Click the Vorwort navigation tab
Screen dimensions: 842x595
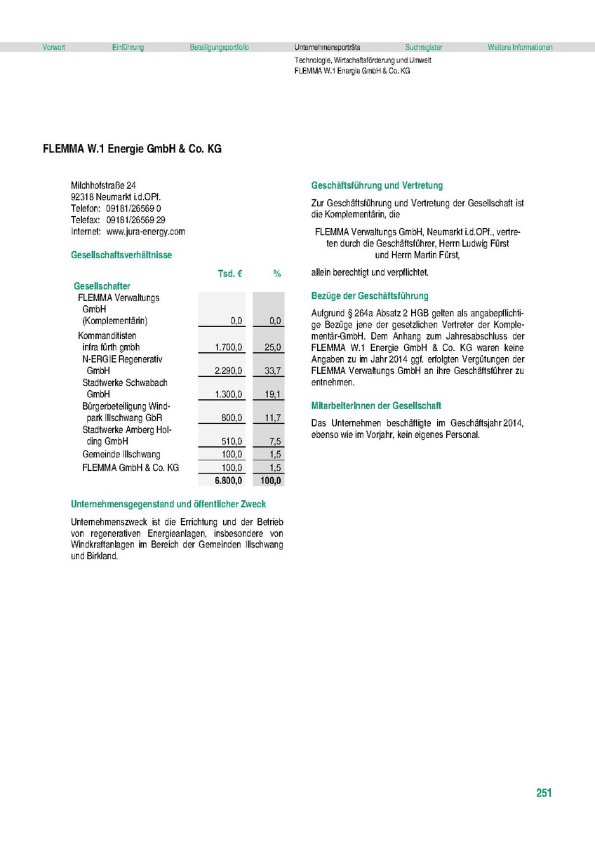point(54,48)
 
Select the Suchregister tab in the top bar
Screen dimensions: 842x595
point(424,48)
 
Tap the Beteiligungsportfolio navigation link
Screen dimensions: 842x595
point(219,48)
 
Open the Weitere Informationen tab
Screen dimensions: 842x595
point(520,48)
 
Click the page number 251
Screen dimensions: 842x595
point(544,793)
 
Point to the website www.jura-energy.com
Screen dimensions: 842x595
point(145,232)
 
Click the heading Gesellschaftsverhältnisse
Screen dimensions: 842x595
point(121,255)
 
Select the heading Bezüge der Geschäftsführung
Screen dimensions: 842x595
point(370,296)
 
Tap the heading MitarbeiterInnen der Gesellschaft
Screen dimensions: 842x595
point(376,406)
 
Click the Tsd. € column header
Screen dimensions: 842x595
point(230,274)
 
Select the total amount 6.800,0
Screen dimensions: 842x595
point(229,481)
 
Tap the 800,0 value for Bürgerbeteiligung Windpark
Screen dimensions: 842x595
point(232,418)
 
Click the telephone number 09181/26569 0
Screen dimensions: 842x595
point(134,209)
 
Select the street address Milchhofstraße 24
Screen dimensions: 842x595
point(103,185)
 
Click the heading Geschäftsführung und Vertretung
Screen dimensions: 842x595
point(377,186)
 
